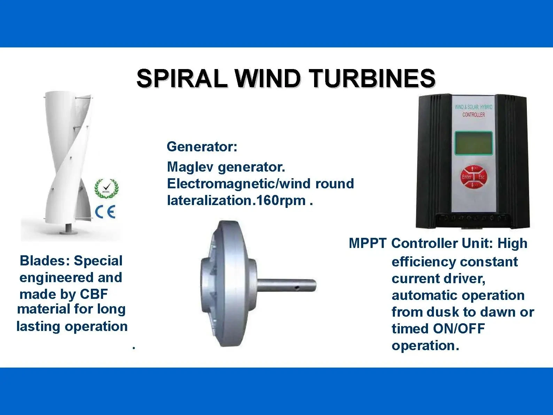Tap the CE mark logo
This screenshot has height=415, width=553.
point(105,212)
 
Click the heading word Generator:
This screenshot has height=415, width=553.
point(202,146)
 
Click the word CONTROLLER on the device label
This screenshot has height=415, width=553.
point(473,115)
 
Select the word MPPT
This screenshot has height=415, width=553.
point(367,243)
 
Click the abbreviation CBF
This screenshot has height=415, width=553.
point(94,294)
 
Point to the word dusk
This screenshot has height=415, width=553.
point(444,312)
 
